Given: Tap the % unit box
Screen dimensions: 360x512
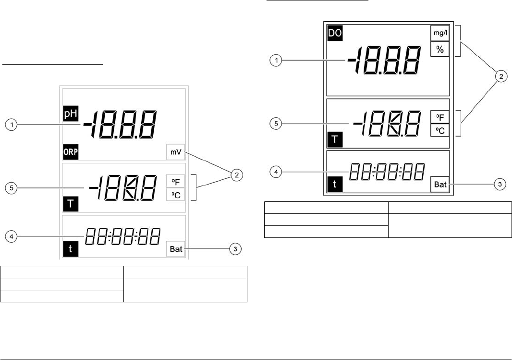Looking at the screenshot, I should (439, 49).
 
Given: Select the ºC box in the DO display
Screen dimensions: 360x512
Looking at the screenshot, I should (439, 130).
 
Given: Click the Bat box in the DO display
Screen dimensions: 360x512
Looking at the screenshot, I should (439, 184).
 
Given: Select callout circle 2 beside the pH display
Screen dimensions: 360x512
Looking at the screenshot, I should (236, 176).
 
